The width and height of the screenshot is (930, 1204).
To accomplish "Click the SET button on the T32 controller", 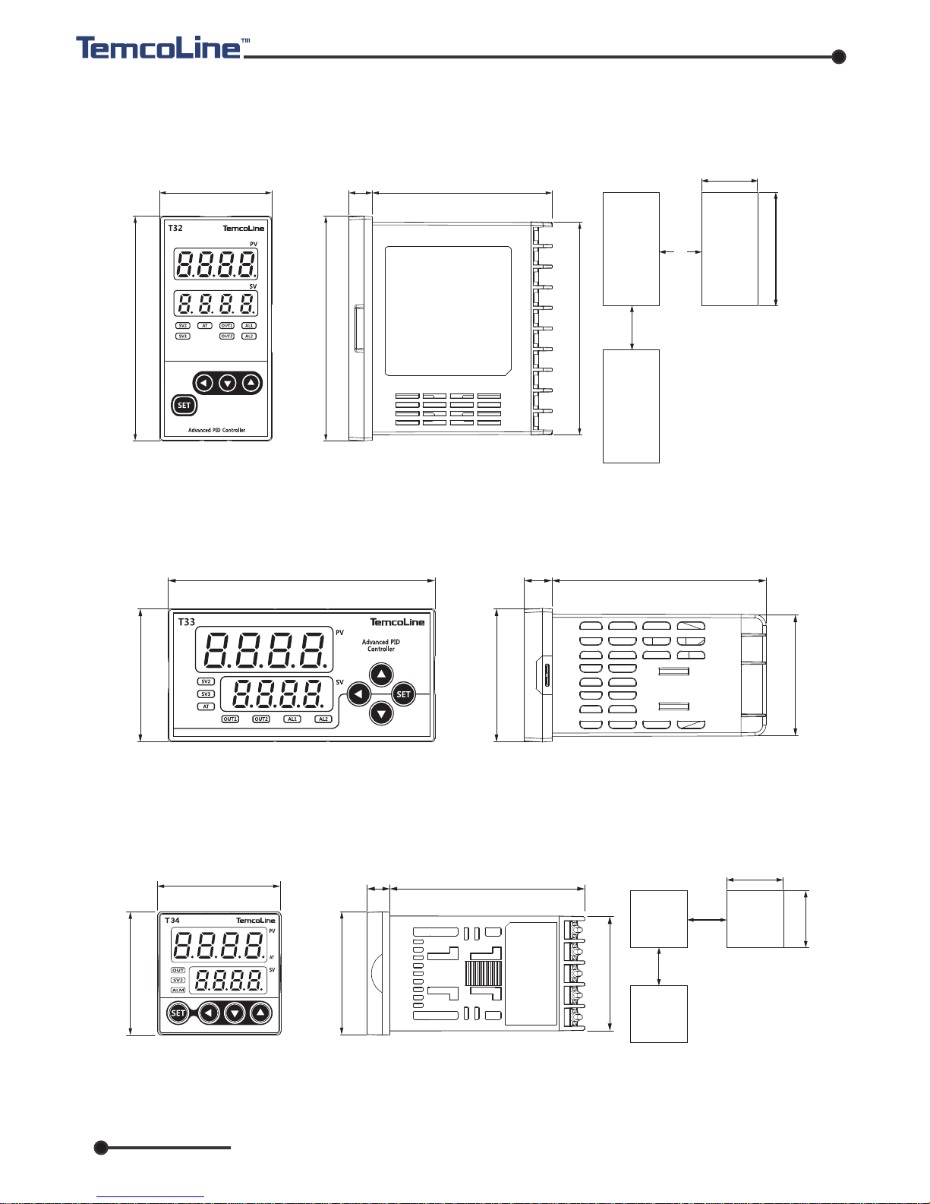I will pos(184,405).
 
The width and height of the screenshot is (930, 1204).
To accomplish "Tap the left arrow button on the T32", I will pos(203,383).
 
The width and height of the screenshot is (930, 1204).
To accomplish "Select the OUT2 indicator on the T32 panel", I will pos(226,336).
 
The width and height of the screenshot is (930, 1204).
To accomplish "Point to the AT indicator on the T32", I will pos(205,326).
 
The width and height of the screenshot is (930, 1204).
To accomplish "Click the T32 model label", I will pos(175,228).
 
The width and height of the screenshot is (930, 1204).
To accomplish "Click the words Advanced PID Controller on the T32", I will pos(216,430).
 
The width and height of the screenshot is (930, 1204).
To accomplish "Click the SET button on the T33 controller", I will pos(403,694).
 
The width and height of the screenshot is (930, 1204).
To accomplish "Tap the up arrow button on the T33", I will pos(381,675).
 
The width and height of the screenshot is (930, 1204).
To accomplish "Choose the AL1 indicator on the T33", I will pos(292,719).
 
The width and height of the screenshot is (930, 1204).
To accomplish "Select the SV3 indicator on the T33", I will pos(206,694).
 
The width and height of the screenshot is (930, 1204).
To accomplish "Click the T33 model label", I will pos(187,622).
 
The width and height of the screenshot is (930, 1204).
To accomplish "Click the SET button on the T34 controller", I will pos(178,1013).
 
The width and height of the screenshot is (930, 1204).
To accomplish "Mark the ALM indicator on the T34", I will pos(178,991).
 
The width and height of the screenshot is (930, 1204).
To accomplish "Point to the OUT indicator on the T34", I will pos(178,971).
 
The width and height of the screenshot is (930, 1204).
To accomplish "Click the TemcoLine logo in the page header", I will pos(159,48).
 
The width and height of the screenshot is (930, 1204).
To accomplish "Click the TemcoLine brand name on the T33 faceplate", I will pos(397,622).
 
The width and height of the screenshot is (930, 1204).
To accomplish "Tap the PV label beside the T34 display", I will pos(272,931).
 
